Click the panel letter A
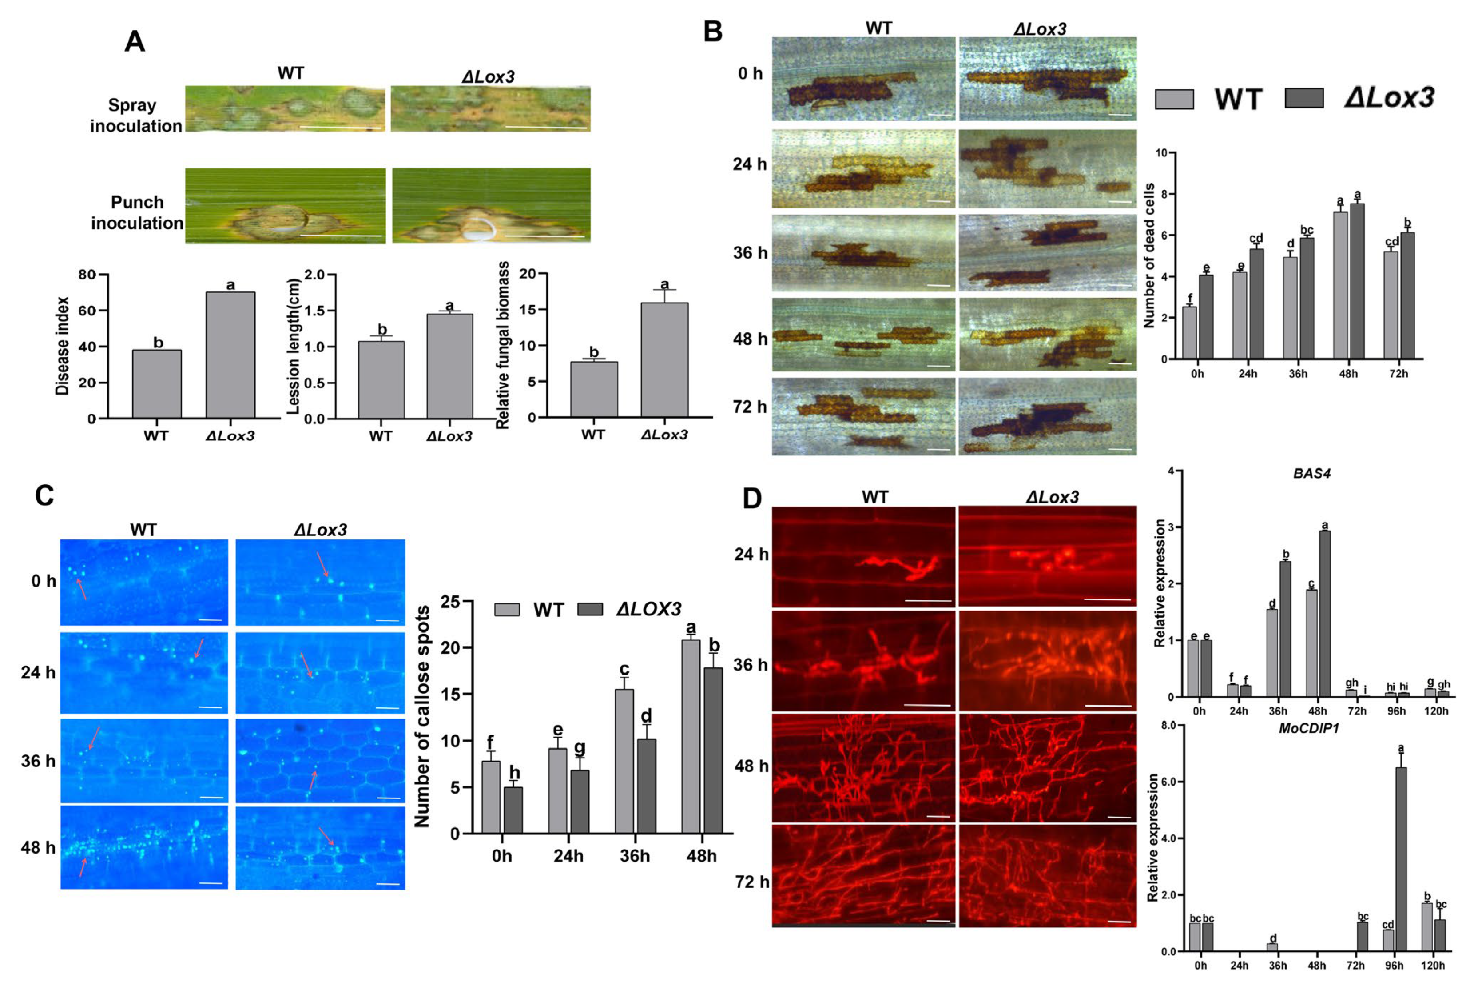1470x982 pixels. tap(135, 42)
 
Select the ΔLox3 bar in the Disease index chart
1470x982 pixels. tap(230, 355)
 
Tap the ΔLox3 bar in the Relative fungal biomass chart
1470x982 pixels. tap(664, 359)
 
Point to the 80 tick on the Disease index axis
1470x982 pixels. tap(87, 275)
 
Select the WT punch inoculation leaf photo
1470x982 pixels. tap(286, 205)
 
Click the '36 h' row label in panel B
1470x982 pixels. tap(750, 253)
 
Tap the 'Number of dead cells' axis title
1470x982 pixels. tap(1148, 255)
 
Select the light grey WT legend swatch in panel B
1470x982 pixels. tap(1174, 99)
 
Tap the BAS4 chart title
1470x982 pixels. tap(1311, 474)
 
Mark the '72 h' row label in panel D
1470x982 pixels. tap(751, 882)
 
